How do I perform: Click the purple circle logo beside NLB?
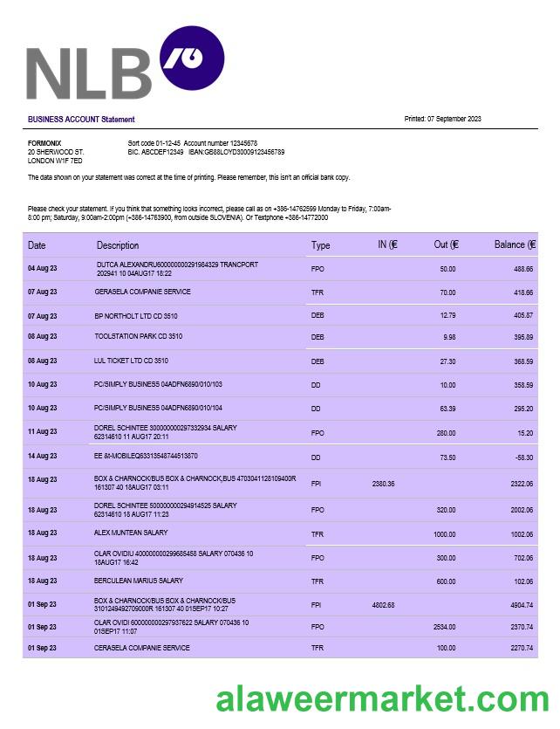[192, 58]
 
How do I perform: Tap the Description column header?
[118, 245]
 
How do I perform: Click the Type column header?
[321, 245]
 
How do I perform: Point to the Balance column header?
[515, 244]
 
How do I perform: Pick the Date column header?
[37, 245]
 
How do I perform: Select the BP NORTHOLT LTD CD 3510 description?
[136, 316]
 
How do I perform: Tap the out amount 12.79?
[447, 315]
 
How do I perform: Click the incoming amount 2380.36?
[384, 484]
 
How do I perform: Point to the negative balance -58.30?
[523, 457]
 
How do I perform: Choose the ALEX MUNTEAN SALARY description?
[131, 533]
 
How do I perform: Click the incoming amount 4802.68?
[384, 605]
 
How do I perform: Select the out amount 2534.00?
[444, 627]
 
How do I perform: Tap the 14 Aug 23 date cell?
[43, 456]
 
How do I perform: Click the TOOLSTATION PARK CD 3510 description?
[139, 336]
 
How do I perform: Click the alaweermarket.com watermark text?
[382, 701]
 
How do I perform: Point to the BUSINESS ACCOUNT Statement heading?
[81, 120]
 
